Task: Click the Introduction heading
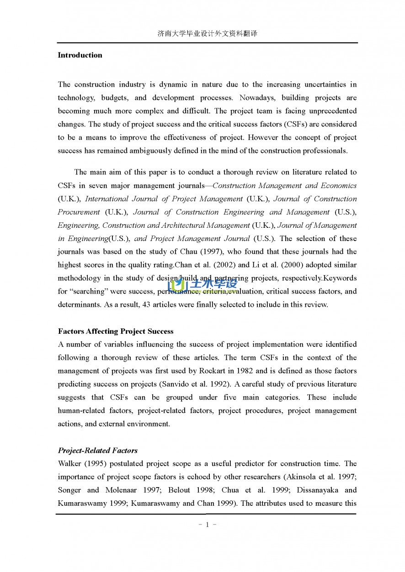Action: tap(80, 55)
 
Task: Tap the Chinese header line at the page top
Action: tap(207, 33)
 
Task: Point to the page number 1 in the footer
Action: tap(207, 525)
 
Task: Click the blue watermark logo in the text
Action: tap(202, 286)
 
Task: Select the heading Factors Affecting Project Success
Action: tap(116, 331)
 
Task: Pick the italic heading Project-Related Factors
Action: tap(97, 451)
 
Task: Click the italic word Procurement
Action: tap(79, 212)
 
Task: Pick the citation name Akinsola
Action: tap(302, 477)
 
